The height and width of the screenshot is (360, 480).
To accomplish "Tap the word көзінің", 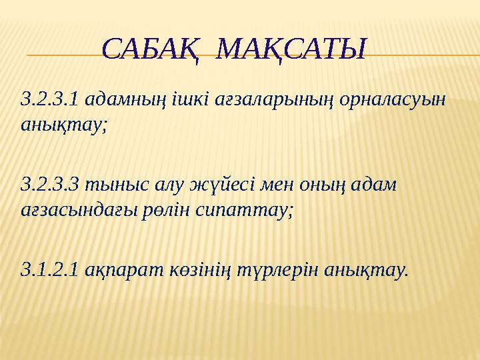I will tap(197, 269).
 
